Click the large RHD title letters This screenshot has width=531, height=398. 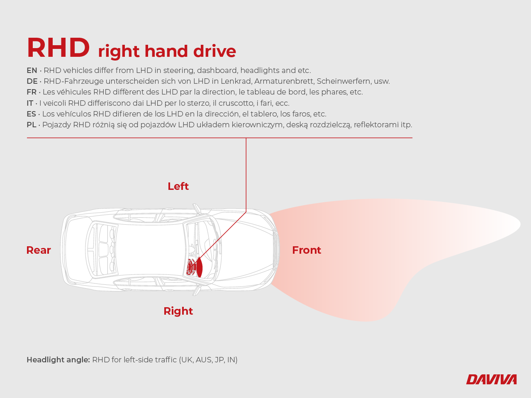click(x=58, y=47)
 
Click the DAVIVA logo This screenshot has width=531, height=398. click(x=491, y=379)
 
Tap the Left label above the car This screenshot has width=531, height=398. click(x=178, y=186)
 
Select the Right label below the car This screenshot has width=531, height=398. click(x=178, y=311)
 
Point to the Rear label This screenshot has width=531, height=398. click(x=39, y=250)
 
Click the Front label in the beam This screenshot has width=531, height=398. click(x=307, y=250)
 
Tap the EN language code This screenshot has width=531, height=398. click(x=32, y=70)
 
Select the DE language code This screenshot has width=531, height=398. click(x=32, y=81)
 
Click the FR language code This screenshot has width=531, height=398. click(x=32, y=92)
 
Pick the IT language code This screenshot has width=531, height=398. click(x=30, y=103)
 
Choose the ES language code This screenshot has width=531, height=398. click(x=31, y=114)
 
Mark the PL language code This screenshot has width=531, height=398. click(x=32, y=125)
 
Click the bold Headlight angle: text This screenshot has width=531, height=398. click(x=58, y=360)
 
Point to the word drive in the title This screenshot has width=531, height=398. click(x=214, y=51)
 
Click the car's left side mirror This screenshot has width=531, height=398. click(x=197, y=209)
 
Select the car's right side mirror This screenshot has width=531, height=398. click(x=197, y=290)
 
